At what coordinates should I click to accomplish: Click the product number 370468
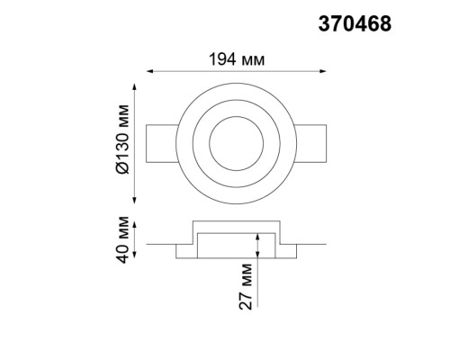pos(355,25)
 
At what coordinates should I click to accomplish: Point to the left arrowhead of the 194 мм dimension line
pos(149,70)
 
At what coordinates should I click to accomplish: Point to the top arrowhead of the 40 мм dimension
pos(136,222)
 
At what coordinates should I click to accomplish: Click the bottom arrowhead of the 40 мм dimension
pos(136,256)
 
